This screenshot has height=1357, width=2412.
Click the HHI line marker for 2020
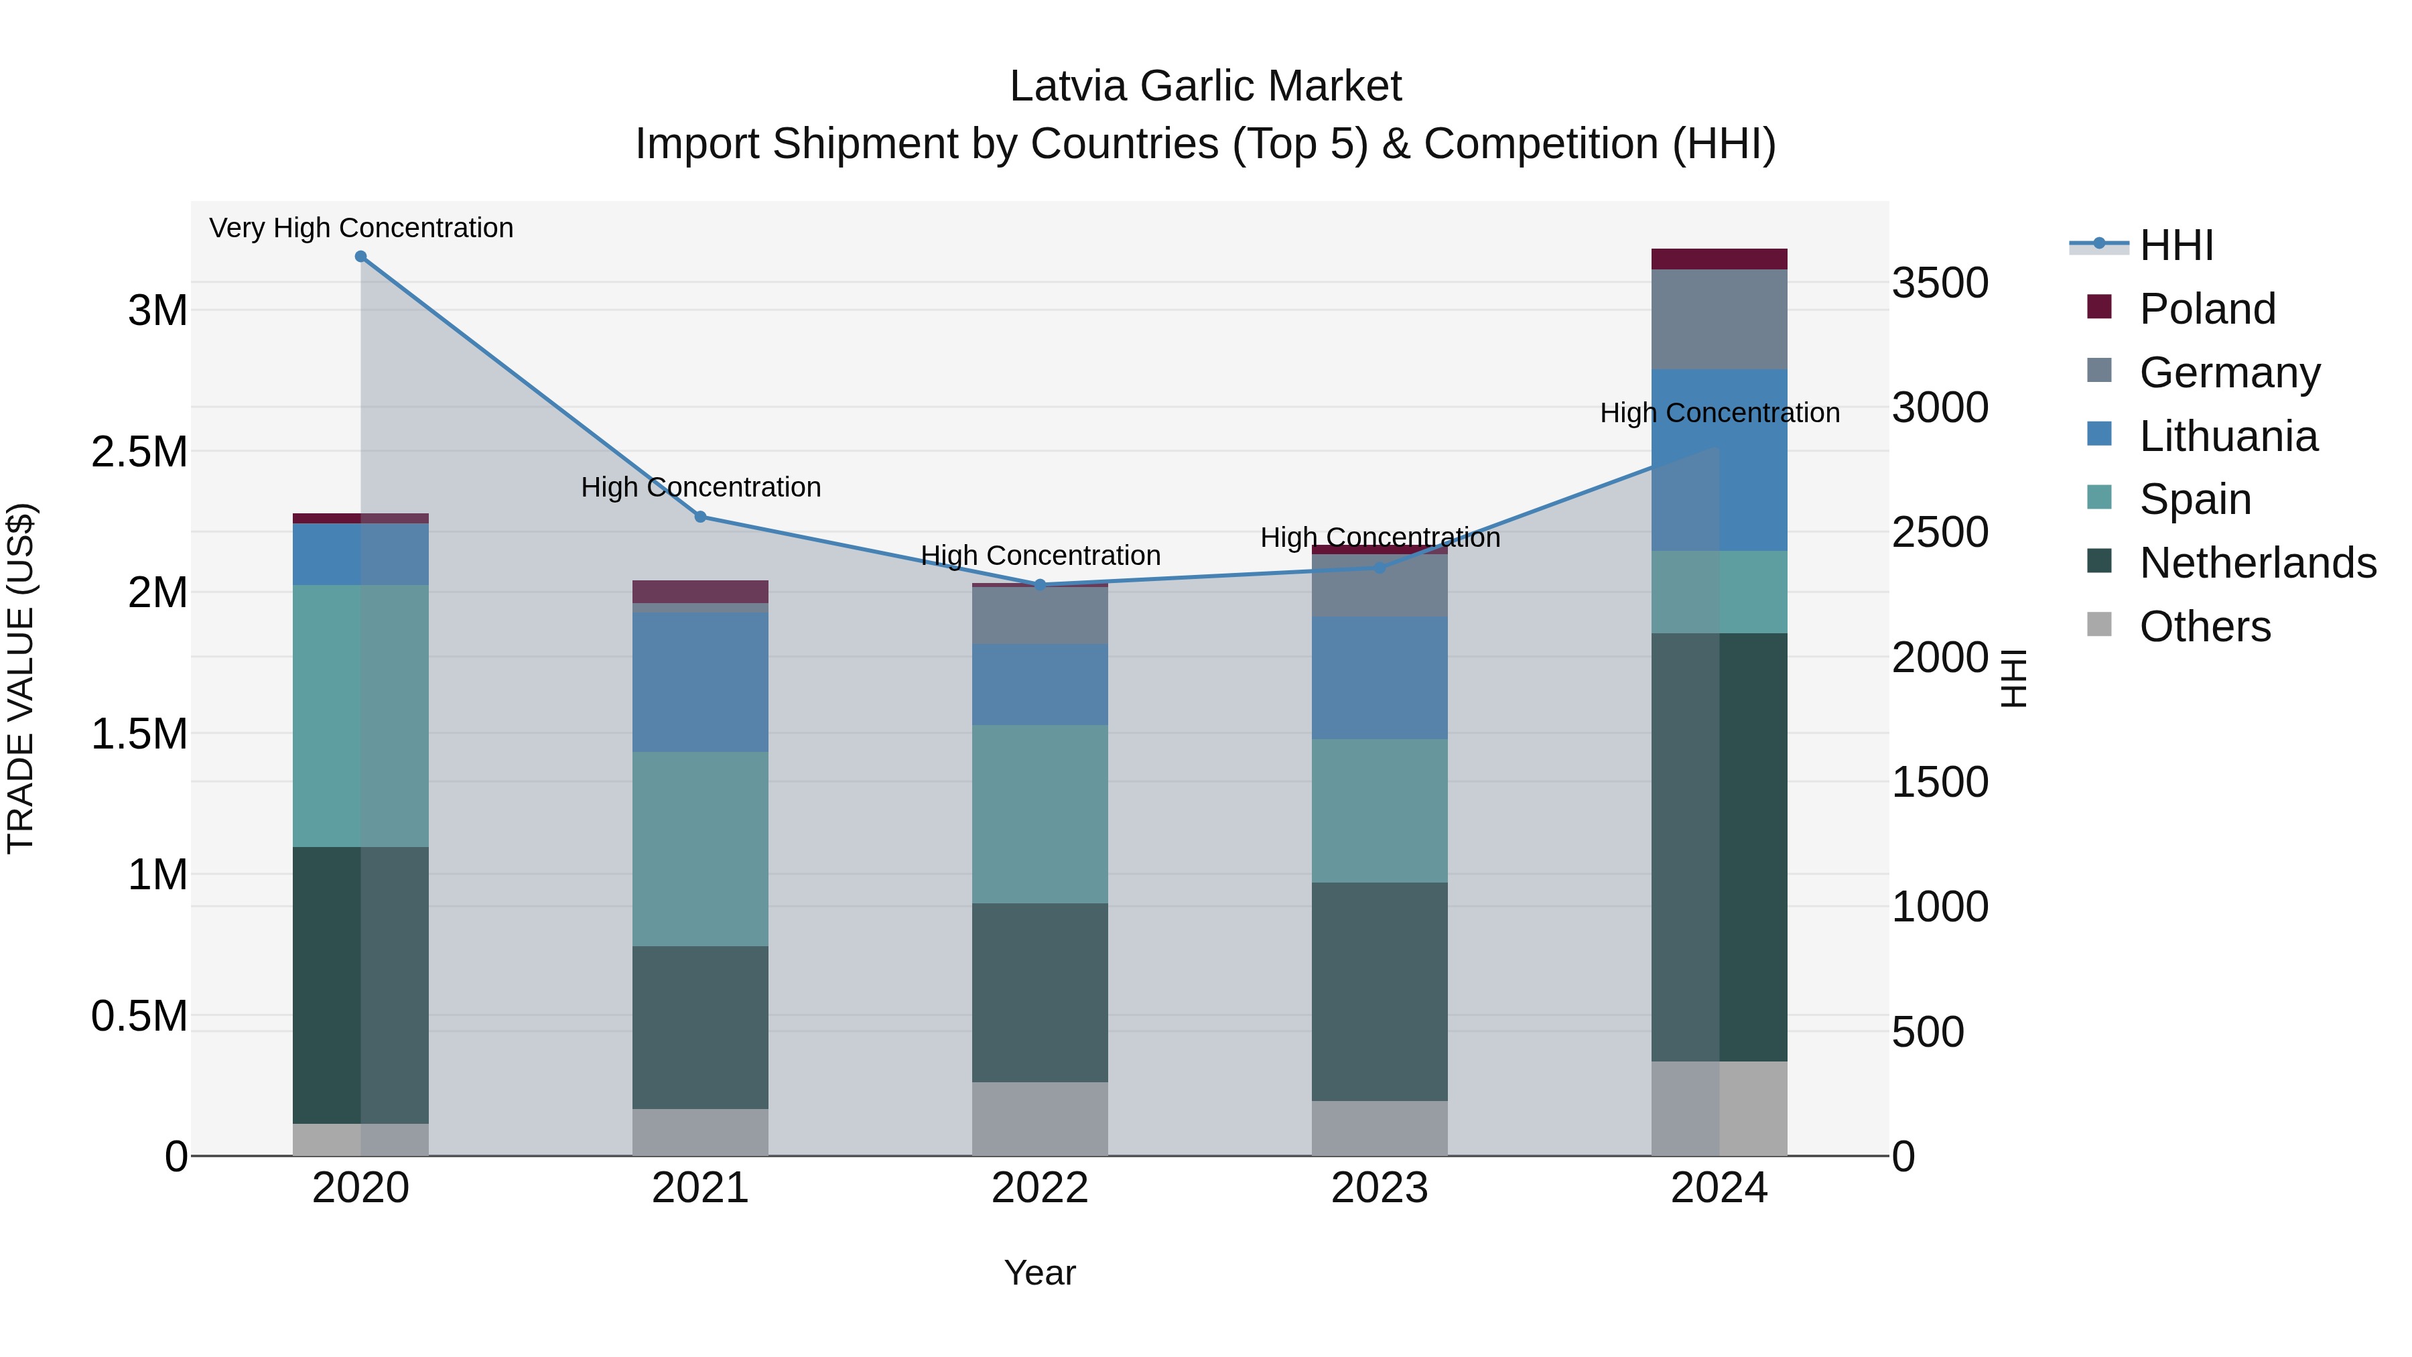360,257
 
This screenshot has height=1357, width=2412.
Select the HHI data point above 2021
700,517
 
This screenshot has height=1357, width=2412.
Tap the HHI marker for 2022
1039,585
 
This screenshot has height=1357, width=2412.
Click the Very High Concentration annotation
360,228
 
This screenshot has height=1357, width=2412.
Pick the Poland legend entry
2206,309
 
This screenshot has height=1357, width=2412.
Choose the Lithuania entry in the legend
2228,436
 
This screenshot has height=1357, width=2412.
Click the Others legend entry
2204,627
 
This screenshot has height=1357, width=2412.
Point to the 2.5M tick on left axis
139,452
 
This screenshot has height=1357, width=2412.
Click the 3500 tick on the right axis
1940,283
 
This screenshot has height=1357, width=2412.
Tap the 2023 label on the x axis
1380,1188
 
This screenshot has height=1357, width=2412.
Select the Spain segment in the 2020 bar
360,716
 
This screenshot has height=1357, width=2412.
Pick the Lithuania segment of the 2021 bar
700,682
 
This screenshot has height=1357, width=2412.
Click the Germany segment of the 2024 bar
1719,320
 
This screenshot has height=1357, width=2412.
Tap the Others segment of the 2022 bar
1039,1118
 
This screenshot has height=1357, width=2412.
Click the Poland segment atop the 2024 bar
1719,259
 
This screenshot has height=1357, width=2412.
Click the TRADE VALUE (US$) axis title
21,678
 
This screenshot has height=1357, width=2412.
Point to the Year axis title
1039,1273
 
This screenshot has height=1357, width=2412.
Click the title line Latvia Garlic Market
1205,86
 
